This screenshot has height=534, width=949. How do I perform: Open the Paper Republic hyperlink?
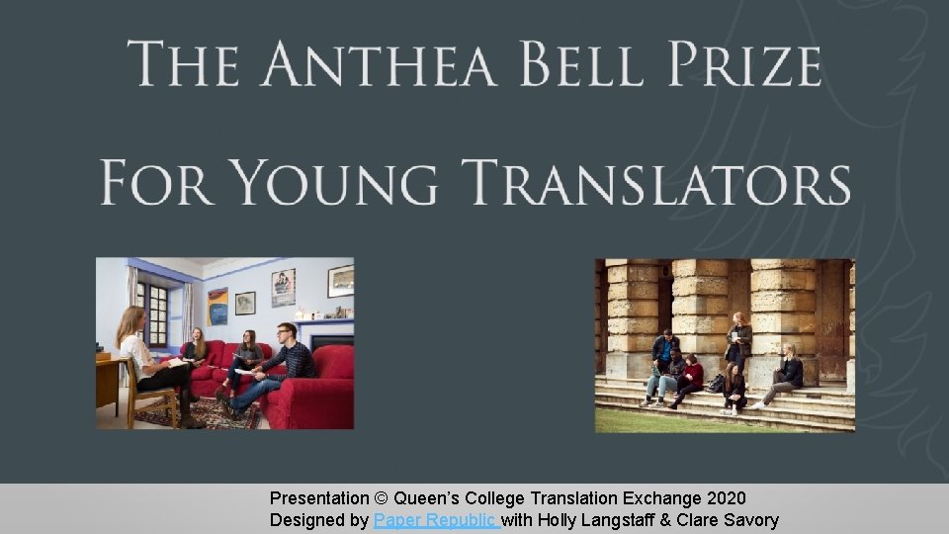436,520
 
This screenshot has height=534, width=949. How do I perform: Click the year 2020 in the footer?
726,498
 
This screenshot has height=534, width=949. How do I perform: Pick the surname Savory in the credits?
749,520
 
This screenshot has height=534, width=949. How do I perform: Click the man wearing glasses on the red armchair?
287,356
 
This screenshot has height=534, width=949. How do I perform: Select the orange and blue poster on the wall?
217,307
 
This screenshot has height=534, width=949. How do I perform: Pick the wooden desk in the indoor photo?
109,381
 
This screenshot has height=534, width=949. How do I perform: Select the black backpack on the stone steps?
715,384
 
